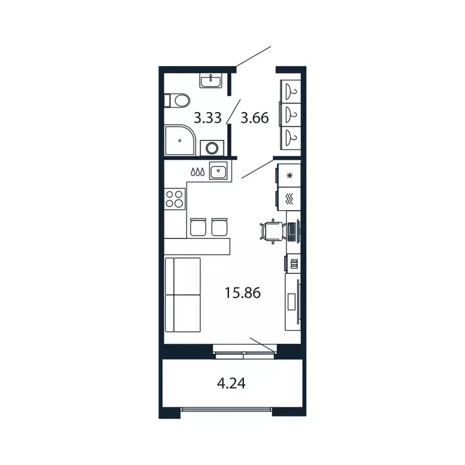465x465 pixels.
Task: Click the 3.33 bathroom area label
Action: coord(208,117)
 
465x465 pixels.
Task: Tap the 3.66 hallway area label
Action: coord(254,117)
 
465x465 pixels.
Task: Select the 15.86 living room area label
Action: coord(242,293)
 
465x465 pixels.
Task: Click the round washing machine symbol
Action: coord(211,147)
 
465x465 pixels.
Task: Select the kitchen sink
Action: coord(218,171)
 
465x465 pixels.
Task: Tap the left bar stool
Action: coord(198,227)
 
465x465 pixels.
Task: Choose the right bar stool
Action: coord(219,227)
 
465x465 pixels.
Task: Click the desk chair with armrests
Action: coord(271,231)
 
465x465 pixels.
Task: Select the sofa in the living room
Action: coord(182,294)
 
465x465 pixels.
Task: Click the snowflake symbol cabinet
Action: coord(289,176)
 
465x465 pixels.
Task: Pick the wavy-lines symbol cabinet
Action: coord(289,198)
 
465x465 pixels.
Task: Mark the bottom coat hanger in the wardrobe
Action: coord(291,135)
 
